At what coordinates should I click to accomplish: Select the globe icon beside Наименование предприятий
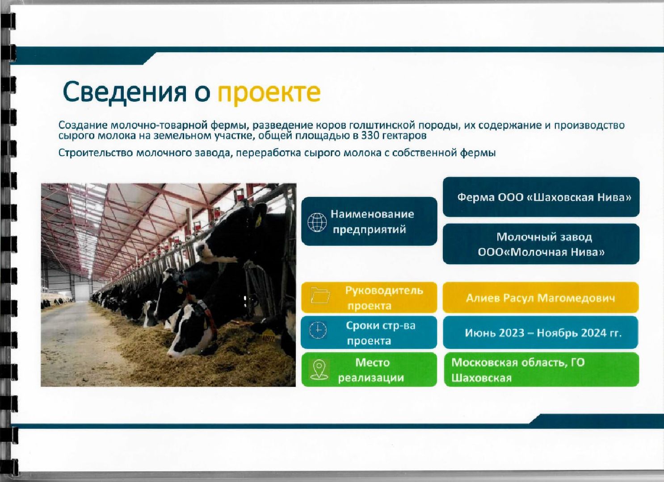tap(317, 222)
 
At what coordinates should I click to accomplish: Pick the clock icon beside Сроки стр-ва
tap(318, 330)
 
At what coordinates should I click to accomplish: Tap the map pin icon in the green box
tap(319, 370)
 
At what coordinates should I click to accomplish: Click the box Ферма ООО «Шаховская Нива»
tap(541, 197)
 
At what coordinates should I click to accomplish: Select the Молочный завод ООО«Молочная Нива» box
tap(541, 244)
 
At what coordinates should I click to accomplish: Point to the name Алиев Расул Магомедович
tap(540, 298)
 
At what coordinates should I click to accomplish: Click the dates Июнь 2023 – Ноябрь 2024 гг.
tap(543, 333)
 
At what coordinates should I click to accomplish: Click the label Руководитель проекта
tap(383, 298)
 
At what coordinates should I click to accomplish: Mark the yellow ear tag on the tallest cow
tap(258, 220)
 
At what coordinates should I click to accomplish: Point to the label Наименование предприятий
tap(372, 222)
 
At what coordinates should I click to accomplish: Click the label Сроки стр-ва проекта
tap(380, 333)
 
